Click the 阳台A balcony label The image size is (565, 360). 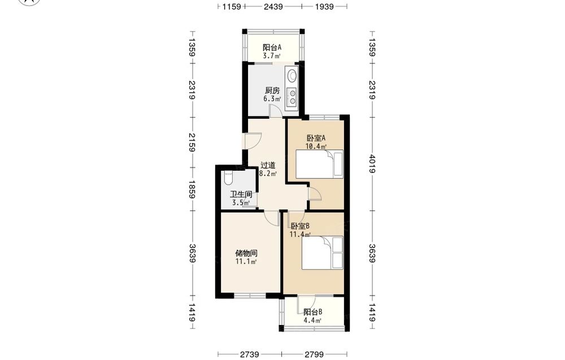(272, 47)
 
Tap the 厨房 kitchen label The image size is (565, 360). (272, 90)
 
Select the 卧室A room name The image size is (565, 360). (316, 138)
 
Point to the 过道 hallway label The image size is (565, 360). (268, 165)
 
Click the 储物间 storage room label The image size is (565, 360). (246, 253)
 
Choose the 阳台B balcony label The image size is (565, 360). (312, 312)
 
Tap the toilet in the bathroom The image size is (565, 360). (228, 177)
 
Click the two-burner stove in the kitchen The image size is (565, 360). (292, 97)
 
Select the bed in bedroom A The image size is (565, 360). (319, 164)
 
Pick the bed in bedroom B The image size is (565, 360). (322, 253)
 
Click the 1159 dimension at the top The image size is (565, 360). (231, 6)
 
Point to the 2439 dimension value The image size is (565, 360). (273, 6)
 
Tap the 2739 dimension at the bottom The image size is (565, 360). (249, 354)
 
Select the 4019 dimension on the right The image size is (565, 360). (372, 164)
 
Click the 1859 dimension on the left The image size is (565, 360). (192, 189)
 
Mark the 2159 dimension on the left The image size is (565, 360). (192, 142)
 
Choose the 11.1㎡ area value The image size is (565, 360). (246, 262)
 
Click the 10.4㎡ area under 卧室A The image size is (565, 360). (316, 146)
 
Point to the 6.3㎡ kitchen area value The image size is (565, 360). (272, 99)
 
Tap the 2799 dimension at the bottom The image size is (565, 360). (314, 354)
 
